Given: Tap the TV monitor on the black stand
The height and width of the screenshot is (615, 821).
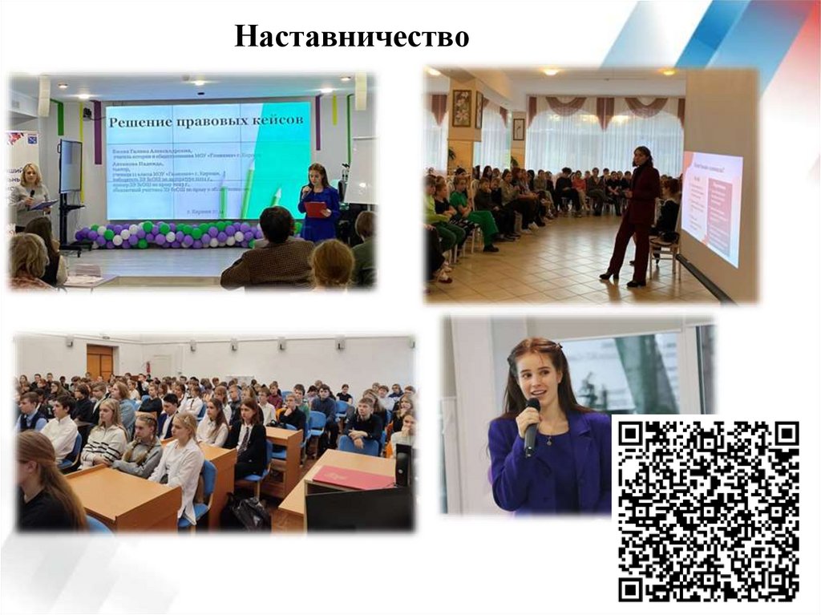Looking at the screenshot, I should [x=71, y=166].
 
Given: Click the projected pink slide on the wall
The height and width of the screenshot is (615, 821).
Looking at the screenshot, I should [x=712, y=207].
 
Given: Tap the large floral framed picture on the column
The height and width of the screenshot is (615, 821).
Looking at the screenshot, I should [x=462, y=107].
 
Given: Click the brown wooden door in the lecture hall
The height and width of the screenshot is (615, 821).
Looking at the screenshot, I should [x=100, y=362].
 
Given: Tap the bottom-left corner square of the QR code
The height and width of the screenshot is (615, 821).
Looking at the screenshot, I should [x=632, y=589].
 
